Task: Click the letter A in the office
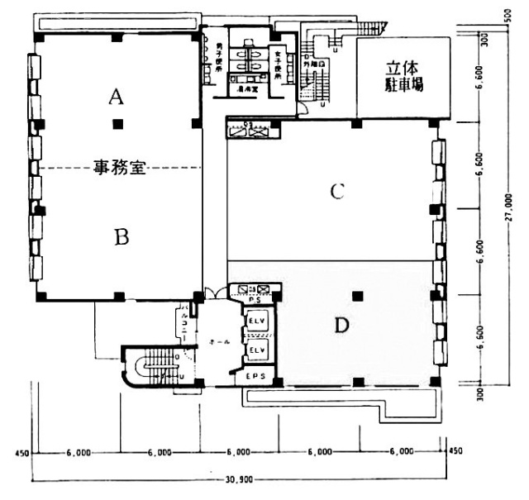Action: [x=117, y=98]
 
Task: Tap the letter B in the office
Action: [x=122, y=237]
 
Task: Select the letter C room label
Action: [x=336, y=192]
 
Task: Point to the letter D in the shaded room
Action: [x=341, y=326]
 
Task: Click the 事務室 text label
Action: [x=119, y=169]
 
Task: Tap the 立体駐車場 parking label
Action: [x=403, y=76]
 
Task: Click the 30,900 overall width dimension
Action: [x=238, y=479]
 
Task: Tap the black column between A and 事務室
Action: [x=118, y=125]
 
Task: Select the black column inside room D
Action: [x=356, y=296]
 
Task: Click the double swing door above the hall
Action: [x=213, y=291]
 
